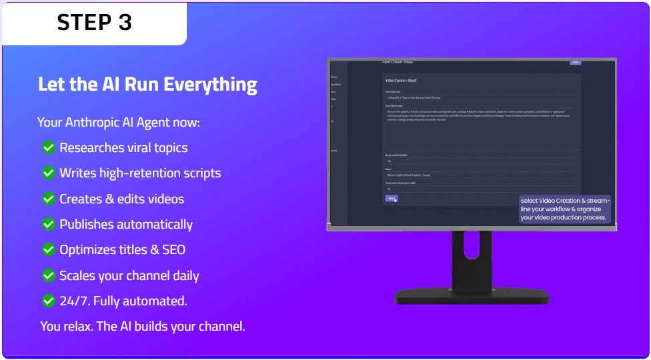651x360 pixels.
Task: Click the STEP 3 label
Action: pyautogui.click(x=94, y=23)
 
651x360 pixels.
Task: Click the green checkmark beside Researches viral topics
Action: pyautogui.click(x=48, y=148)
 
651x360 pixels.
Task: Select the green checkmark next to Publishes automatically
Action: pyautogui.click(x=48, y=225)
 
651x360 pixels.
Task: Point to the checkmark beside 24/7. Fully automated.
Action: pyautogui.click(x=48, y=301)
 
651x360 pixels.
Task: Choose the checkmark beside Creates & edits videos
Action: pyautogui.click(x=48, y=199)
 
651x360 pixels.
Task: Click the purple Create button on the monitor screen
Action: pyautogui.click(x=392, y=198)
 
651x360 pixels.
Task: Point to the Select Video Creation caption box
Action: pyautogui.click(x=564, y=209)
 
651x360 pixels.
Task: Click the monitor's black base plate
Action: pyautogui.click(x=472, y=297)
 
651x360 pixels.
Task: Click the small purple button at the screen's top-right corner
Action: pyautogui.click(x=575, y=62)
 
